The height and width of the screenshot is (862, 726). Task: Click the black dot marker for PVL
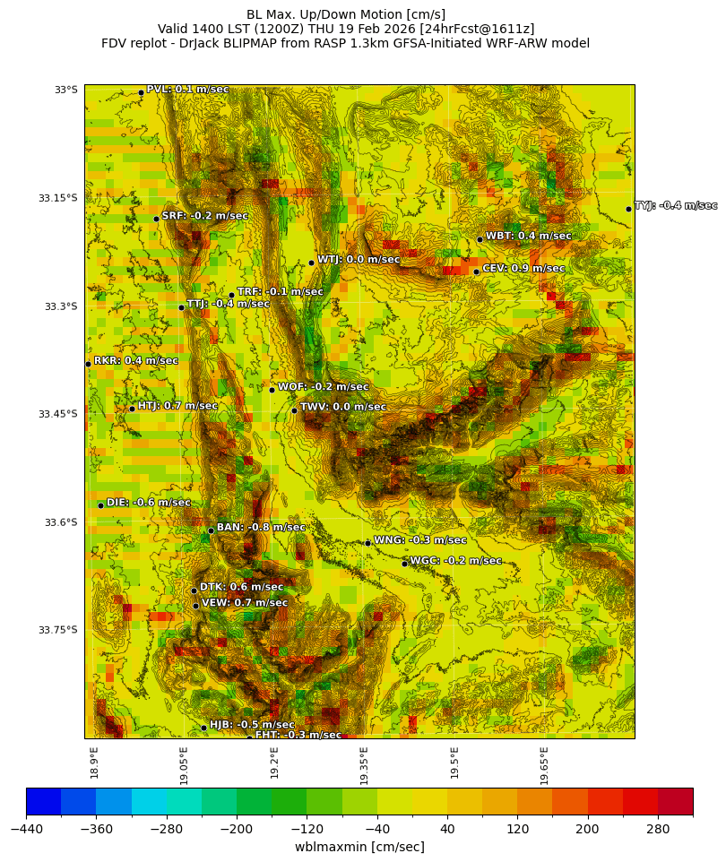point(141,92)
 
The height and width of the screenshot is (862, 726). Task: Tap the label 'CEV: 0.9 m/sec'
point(523,268)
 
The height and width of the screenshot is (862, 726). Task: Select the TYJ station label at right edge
point(676,205)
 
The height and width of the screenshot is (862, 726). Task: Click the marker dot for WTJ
point(311,263)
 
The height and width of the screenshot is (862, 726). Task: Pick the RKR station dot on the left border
point(88,364)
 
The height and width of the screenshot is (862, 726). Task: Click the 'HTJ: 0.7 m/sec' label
point(177,405)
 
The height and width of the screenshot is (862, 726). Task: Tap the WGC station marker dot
point(404,564)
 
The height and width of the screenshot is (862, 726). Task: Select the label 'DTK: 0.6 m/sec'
point(241,587)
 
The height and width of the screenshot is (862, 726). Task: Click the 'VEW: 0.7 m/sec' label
point(245,603)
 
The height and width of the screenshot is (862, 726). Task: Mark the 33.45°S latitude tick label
point(58,414)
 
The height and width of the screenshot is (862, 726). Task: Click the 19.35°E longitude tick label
point(365,762)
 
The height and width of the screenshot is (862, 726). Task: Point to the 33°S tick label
point(66,90)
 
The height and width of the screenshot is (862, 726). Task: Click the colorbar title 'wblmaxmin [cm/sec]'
point(359,847)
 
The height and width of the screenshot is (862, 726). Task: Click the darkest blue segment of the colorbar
point(43,801)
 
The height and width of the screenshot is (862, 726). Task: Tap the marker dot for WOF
point(272,390)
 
